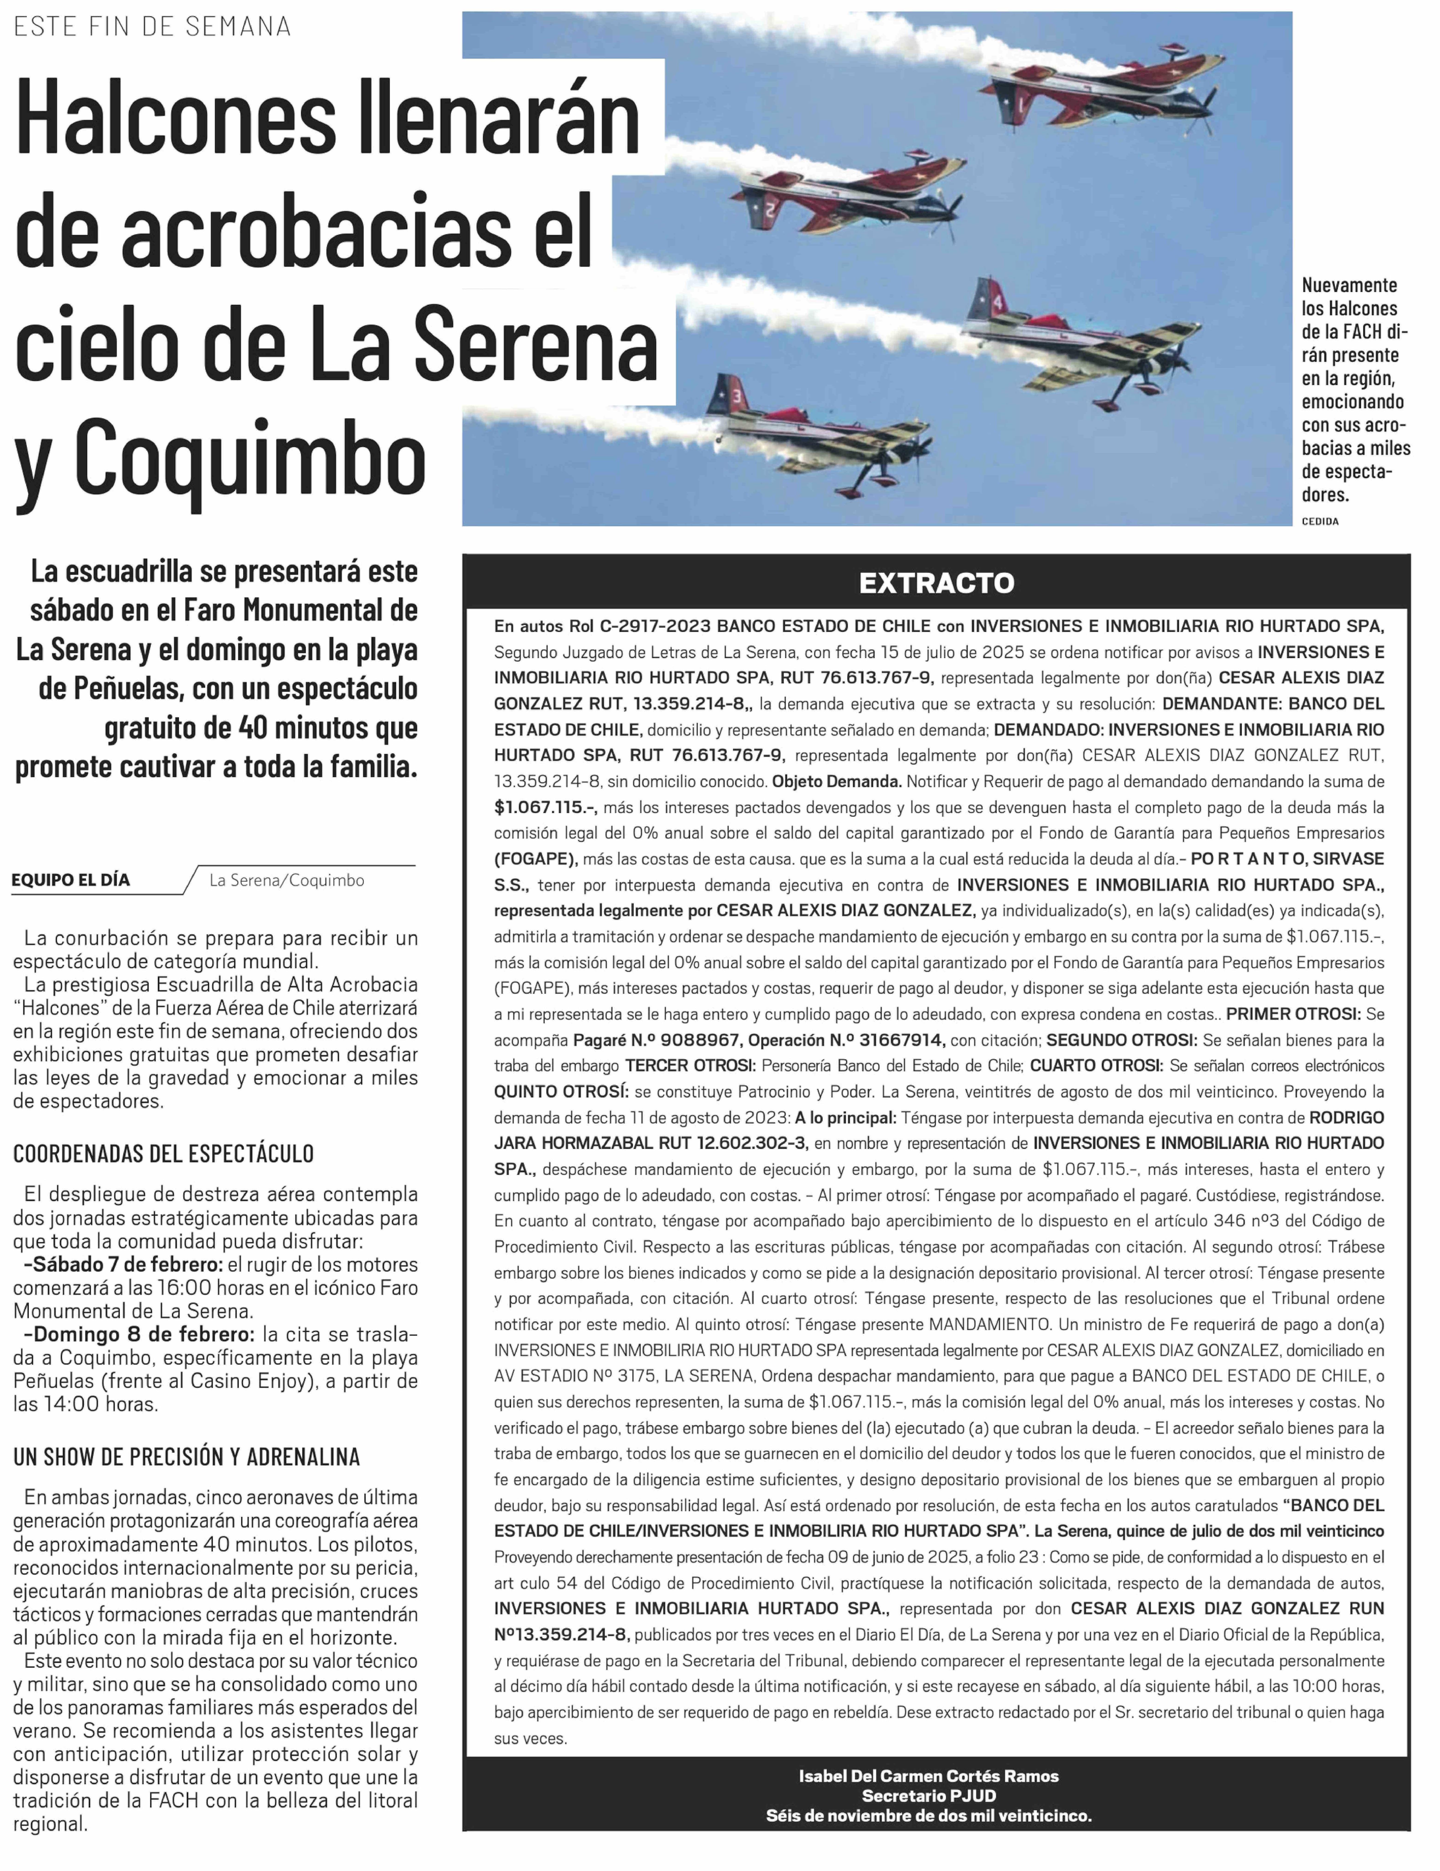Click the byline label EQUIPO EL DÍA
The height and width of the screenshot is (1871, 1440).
pyautogui.click(x=71, y=880)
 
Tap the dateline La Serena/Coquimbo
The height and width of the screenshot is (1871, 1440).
pyautogui.click(x=286, y=880)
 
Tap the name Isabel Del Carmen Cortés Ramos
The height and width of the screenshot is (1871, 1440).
pyautogui.click(x=929, y=1776)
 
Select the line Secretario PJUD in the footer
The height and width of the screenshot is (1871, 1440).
pyautogui.click(x=929, y=1796)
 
